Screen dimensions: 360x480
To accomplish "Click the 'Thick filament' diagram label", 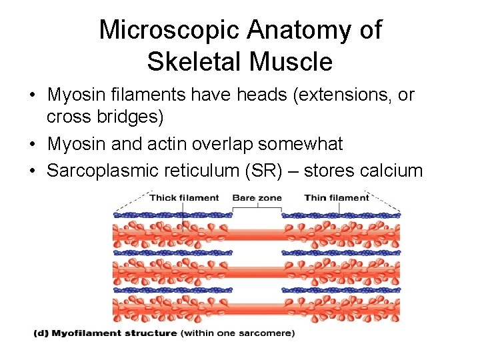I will tap(184, 197).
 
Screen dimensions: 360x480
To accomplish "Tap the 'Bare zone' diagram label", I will tap(257, 197).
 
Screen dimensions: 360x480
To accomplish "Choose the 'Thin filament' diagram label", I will tap(336, 197).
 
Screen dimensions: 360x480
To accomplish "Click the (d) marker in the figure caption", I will tap(41, 333).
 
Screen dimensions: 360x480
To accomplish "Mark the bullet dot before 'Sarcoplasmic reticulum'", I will tap(33, 171).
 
